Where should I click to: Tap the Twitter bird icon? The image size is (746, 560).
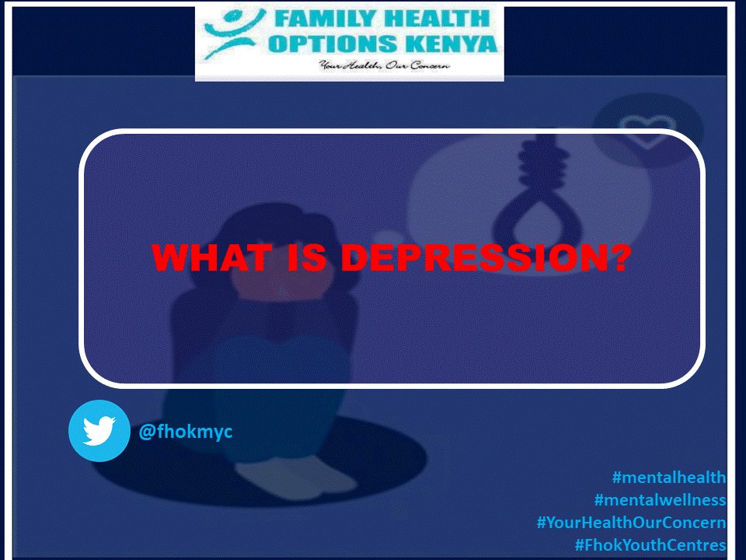coord(99,431)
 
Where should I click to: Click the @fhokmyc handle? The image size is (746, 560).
coord(185,431)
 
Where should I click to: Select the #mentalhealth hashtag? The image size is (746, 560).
coord(669,478)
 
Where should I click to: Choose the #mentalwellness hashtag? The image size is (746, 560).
coord(660,500)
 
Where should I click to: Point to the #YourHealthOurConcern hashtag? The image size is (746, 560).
coord(631,523)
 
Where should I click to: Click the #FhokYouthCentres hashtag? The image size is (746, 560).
coord(650,545)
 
